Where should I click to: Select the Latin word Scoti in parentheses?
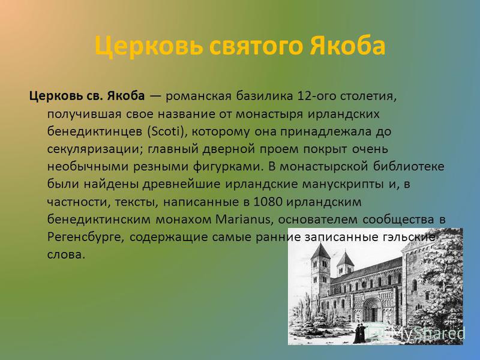(165, 131)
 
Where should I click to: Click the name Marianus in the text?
(243, 220)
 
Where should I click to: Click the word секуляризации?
(95, 149)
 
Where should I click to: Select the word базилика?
(264, 96)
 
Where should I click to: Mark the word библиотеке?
(409, 167)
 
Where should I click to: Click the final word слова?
(66, 255)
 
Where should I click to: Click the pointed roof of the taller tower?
(320, 251)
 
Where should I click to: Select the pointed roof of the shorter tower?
(346, 259)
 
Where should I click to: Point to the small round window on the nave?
(364, 284)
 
